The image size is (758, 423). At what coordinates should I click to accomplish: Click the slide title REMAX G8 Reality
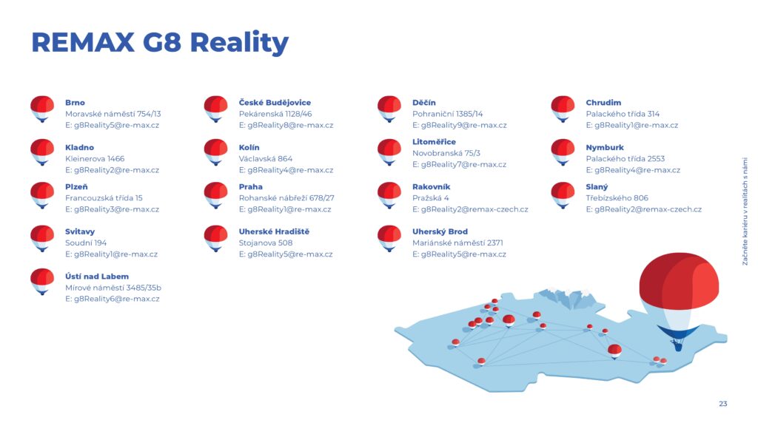pos(160,42)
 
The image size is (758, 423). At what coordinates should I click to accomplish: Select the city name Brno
pos(75,102)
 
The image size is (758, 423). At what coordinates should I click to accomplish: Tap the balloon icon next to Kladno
pos(42,152)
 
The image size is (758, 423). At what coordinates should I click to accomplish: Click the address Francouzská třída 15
pos(104,198)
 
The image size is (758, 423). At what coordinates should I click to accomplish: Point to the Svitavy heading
pos(80,231)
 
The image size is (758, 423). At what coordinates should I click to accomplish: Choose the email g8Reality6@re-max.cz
pos(113,299)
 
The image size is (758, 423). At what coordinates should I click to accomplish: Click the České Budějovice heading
pos(275,102)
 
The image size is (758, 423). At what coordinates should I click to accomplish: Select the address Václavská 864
pos(266,158)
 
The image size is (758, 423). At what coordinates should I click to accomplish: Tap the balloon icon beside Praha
pos(215,195)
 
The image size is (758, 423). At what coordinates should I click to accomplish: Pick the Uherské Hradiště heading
pos(274,231)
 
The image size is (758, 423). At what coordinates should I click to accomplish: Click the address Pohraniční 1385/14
pos(447,114)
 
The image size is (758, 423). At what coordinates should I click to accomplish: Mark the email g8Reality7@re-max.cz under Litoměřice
pos(459,165)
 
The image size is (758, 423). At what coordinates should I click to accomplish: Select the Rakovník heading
pos(432,187)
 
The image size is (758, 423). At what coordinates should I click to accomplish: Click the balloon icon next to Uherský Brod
pos(389,239)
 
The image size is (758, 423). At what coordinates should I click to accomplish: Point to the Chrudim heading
pos(603,102)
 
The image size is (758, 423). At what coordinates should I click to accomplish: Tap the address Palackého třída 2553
pos(625,158)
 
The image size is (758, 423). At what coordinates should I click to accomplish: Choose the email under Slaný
pos(643,209)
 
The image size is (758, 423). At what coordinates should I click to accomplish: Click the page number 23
pos(722,404)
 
